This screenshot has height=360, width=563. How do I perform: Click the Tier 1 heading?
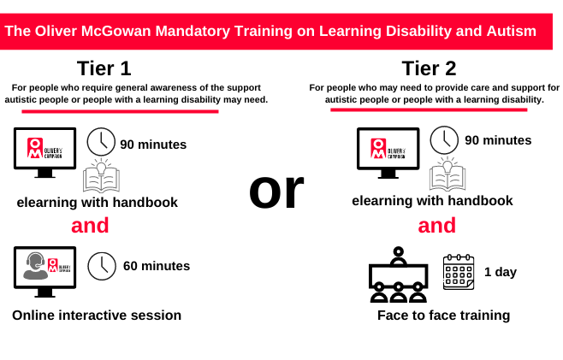[x=104, y=68]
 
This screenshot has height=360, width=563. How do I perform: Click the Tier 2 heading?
[x=429, y=68]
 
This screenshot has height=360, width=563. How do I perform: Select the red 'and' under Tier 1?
[x=90, y=226]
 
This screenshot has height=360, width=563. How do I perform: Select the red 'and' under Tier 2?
[x=437, y=226]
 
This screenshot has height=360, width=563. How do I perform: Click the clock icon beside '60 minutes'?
[x=102, y=266]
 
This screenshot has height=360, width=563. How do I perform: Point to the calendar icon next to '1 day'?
[x=459, y=272]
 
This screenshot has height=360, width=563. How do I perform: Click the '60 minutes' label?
[x=157, y=266]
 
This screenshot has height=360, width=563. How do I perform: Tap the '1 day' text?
[x=501, y=272]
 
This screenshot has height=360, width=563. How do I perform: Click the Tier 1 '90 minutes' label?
[x=153, y=145]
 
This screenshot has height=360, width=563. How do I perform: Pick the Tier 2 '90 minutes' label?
[x=498, y=140]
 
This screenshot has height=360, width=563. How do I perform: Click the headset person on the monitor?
[x=35, y=266]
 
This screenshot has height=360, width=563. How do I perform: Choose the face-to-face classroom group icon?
[x=399, y=274]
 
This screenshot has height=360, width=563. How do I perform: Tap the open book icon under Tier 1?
[x=101, y=175]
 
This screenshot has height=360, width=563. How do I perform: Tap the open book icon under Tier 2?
[x=447, y=174]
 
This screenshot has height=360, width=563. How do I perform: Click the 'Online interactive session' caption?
[x=97, y=316]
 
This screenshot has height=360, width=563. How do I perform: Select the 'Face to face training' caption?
[x=444, y=316]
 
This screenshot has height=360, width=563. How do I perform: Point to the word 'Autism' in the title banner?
[x=512, y=32]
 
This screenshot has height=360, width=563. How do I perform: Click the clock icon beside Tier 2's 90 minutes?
[x=444, y=140]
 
